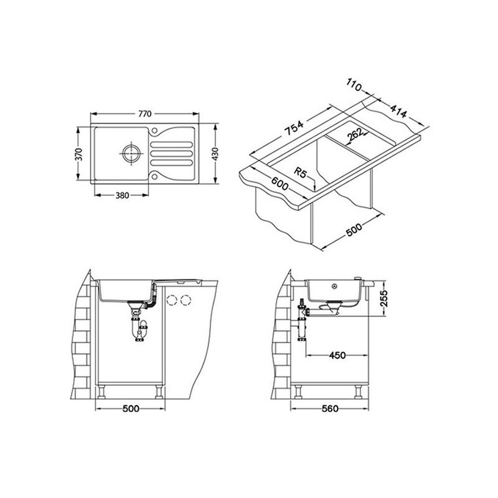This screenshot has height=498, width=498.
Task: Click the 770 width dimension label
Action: (x=145, y=114)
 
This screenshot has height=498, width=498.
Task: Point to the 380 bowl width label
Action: (x=122, y=195)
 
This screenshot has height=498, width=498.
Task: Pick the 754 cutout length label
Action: (x=293, y=128)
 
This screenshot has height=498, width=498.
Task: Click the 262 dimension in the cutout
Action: (x=355, y=134)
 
